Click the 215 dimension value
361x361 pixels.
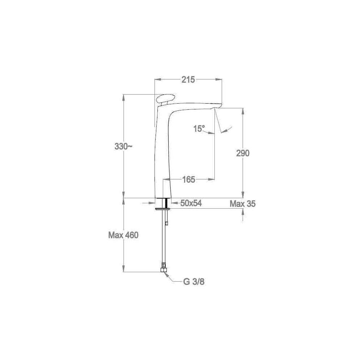tap(188, 80)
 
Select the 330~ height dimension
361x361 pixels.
tap(123, 147)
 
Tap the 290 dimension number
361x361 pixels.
tap(243, 153)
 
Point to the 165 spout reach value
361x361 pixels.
tap(188, 179)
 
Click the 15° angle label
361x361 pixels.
tap(199, 129)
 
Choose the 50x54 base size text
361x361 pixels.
tap(191, 203)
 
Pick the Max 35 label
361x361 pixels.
tap(243, 204)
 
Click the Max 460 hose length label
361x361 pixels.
tap(123, 235)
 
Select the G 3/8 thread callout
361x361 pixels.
tap(194, 282)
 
